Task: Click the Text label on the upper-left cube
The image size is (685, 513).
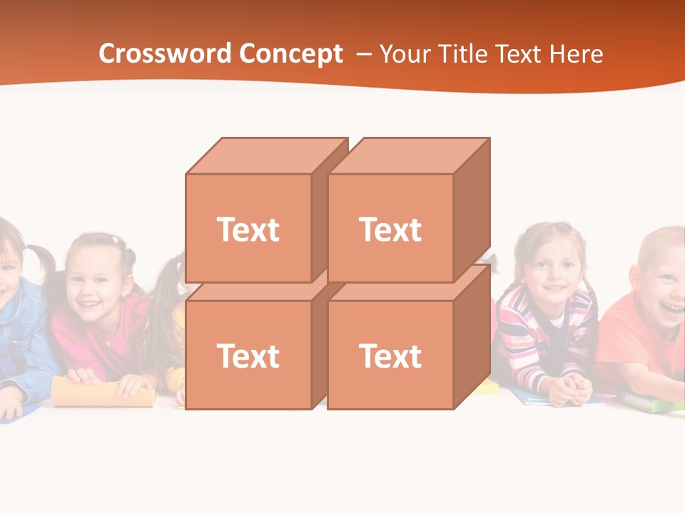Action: point(248,229)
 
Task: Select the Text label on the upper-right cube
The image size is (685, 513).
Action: point(390,229)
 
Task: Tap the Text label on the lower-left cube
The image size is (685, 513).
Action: point(248,356)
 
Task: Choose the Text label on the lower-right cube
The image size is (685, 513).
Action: point(390,356)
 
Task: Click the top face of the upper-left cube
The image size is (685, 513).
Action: point(264,155)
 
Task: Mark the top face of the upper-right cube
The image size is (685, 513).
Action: point(408,155)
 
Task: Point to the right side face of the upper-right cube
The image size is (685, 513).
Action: point(472,210)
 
